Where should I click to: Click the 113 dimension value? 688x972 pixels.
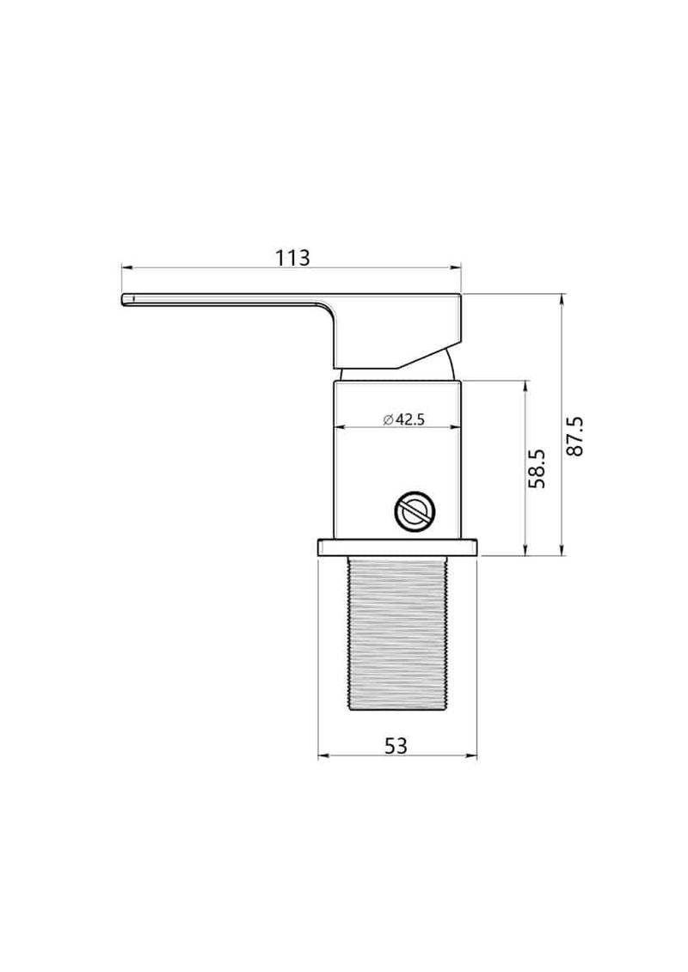[x=292, y=257]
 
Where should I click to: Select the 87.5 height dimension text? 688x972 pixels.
[x=575, y=437]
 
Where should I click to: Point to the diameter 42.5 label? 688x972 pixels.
[x=403, y=419]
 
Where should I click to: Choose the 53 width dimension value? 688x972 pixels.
[x=396, y=745]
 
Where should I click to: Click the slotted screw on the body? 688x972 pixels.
[x=415, y=511]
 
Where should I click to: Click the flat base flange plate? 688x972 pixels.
[x=397, y=547]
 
